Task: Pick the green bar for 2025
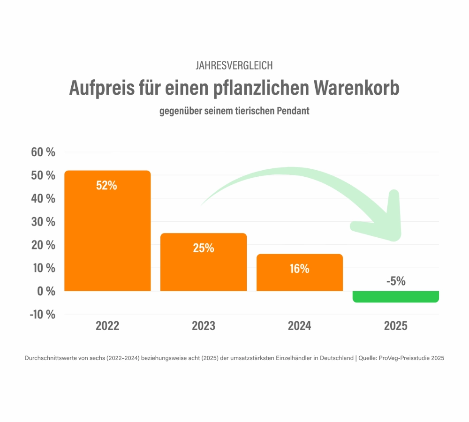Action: (395, 296)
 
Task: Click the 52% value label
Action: (106, 185)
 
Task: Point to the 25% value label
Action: (203, 248)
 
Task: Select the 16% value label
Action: (299, 269)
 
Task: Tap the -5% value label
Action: (395, 281)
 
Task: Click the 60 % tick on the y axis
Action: (43, 152)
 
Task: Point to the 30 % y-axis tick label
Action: (43, 222)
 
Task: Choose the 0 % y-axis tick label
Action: (46, 291)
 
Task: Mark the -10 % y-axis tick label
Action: (42, 315)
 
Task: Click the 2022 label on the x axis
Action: (107, 326)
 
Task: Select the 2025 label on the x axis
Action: (395, 326)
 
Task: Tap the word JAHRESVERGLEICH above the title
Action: (234, 66)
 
